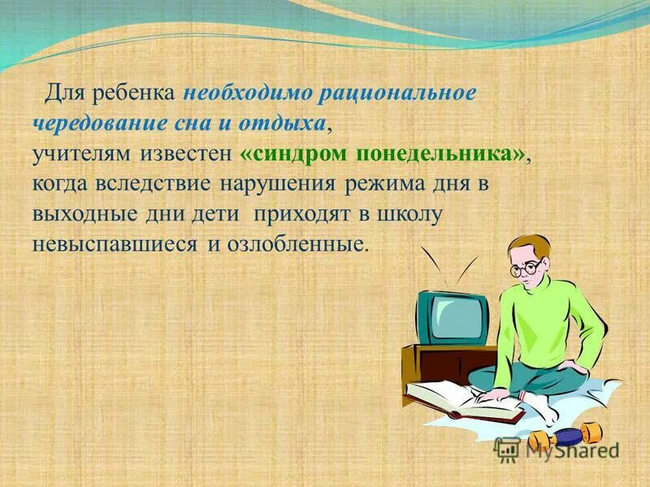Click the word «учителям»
[x=77, y=154]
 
